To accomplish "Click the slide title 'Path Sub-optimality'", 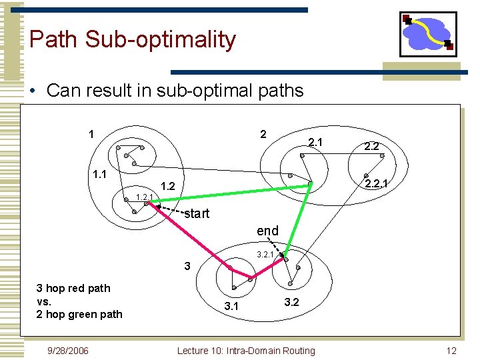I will (132, 40).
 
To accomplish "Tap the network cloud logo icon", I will (428, 34).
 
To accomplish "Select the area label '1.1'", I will (100, 175).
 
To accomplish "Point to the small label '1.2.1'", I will (144, 197).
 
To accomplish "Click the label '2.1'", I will (315, 142).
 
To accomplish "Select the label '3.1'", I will (231, 307).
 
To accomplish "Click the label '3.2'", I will (292, 302).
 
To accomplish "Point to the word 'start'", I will (197, 214).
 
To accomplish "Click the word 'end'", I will (267, 231).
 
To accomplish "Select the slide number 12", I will (451, 350).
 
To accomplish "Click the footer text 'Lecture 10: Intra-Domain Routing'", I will (246, 350).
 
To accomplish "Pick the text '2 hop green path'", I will (80, 314).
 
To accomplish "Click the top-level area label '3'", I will (187, 266).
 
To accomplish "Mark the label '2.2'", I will (371, 146).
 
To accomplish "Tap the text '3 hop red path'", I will (73, 288).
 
